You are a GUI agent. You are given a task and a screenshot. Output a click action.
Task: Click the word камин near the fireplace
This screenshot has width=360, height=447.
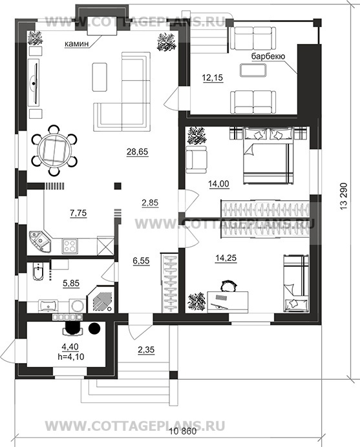tap(76, 44)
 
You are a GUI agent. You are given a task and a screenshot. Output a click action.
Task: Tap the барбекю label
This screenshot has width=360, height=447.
tap(268, 56)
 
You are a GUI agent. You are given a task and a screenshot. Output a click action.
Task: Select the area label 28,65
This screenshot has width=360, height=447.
tap(138, 152)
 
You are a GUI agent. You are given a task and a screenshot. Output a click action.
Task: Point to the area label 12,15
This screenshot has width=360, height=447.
tap(213, 78)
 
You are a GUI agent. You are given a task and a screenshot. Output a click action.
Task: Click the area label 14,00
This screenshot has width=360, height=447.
tap(219, 184)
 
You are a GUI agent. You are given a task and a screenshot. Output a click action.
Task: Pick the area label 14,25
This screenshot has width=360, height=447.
tap(226, 258)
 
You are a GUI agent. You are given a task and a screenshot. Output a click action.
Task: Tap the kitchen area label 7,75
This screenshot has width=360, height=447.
tap(78, 213)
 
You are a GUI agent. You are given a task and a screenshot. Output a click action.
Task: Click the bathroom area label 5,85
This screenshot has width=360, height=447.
tap(71, 284)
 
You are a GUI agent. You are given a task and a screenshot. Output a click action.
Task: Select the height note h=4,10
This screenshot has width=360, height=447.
tap(70, 357)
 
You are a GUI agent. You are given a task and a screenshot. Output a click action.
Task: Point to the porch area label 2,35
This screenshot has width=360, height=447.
tap(146, 349)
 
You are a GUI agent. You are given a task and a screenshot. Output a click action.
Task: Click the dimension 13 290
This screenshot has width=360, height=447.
tap(344, 197)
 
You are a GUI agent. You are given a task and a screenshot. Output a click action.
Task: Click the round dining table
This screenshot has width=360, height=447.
tap(54, 150)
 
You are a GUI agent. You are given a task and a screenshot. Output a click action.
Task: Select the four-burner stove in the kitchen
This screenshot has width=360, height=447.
tap(70, 246)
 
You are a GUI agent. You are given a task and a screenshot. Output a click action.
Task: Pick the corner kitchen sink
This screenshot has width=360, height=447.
tap(40, 242)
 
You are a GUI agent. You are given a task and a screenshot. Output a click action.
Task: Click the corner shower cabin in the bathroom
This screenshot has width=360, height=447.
tap(101, 299)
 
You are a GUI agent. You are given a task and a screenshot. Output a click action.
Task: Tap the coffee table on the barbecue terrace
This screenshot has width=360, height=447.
tap(253, 70)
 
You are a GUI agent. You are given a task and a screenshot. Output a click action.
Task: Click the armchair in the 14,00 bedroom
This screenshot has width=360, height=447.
tap(196, 160)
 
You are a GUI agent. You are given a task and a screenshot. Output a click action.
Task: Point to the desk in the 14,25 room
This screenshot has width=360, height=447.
tap(228, 302)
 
